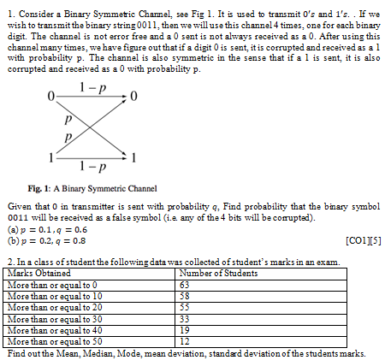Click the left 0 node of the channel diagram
click(52, 93)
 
